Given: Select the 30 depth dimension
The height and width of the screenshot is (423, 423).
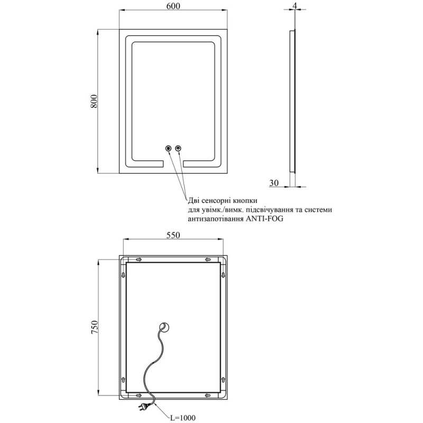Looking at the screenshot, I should (274, 183).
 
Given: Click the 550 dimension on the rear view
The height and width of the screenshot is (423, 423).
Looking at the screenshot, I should (173, 236).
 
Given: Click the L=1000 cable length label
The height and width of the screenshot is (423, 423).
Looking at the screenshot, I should (181, 418).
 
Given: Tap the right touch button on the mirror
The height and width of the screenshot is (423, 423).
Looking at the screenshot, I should (178, 149).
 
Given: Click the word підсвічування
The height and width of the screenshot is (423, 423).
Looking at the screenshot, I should (273, 210).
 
